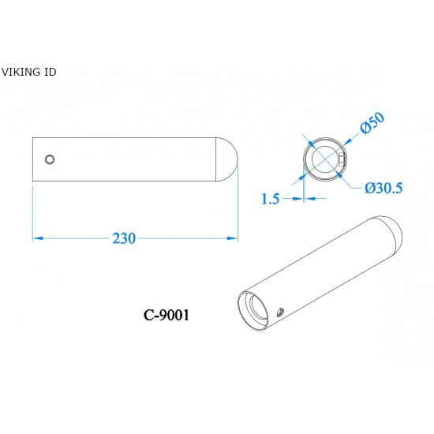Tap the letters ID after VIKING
[x=49, y=72]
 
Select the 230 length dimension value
[x=125, y=238]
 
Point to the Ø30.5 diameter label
[x=384, y=188]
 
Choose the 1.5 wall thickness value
[x=270, y=199]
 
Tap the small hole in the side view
[x=50, y=159]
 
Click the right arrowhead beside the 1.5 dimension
[x=309, y=199]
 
